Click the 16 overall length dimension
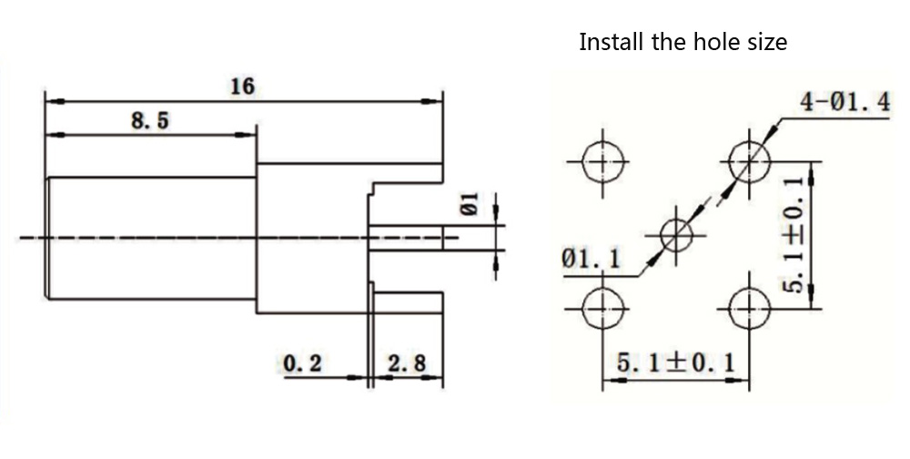coord(242,87)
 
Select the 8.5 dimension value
coord(151,121)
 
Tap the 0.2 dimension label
coord(303,364)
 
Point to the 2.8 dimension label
coord(407,364)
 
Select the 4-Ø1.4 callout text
coord(844,103)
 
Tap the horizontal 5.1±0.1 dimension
coord(676,362)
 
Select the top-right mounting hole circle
coord(748,163)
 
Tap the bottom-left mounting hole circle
coord(599,311)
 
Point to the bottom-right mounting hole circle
coord(748,311)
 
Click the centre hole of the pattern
coord(676,235)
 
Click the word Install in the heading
coord(609,42)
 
